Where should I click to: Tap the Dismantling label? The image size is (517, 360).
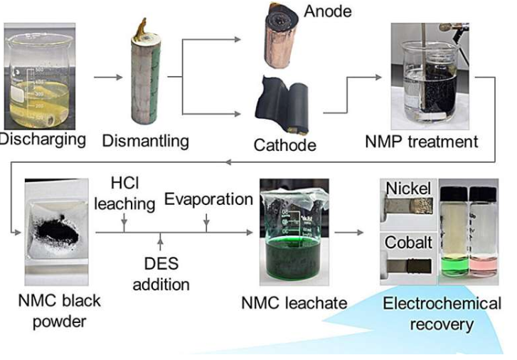pos(146,140)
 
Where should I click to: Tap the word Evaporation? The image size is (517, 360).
pos(208,200)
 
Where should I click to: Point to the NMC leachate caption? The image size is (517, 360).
pos(292,302)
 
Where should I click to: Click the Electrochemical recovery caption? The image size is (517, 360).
pos(442,313)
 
